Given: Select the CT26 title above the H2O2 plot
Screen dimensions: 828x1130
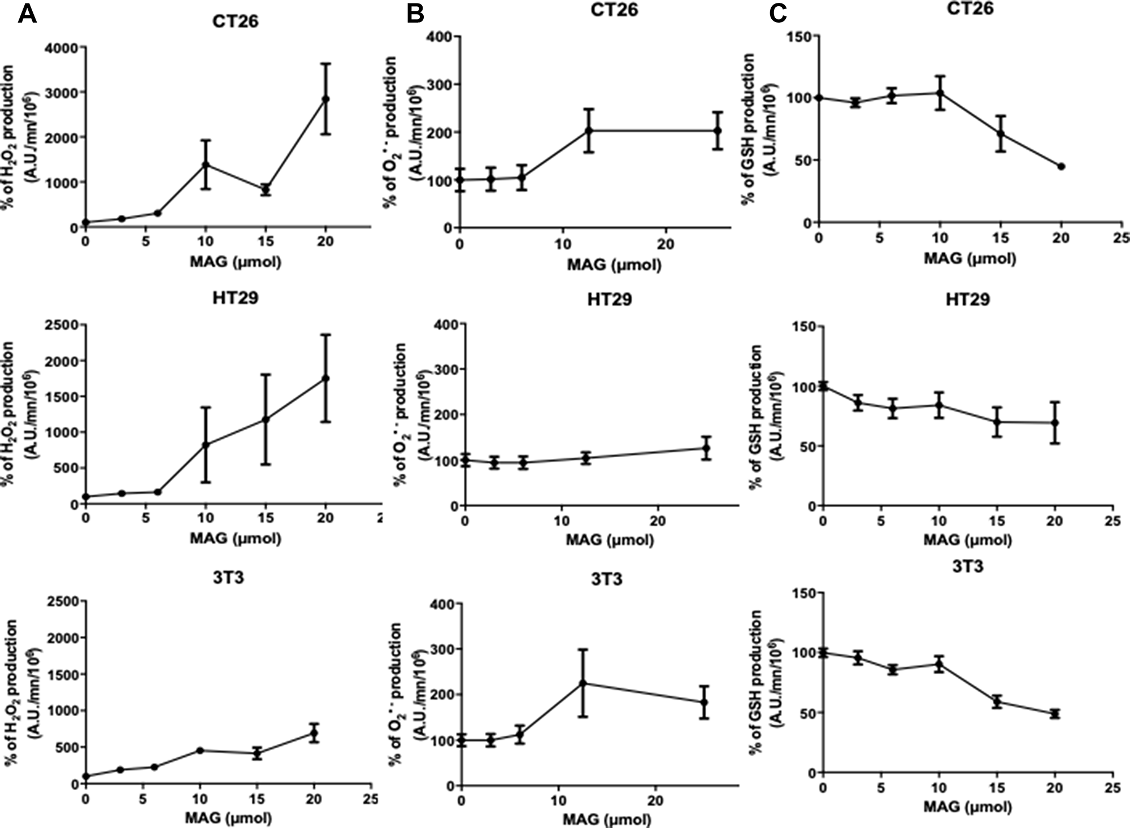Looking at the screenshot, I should [235, 21].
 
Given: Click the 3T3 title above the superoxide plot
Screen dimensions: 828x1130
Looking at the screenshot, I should [607, 579].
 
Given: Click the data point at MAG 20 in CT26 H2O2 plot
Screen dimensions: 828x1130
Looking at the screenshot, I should [325, 99].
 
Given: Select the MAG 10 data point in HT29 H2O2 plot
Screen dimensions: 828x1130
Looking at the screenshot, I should [206, 445].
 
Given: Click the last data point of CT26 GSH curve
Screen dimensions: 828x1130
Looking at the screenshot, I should [1061, 166].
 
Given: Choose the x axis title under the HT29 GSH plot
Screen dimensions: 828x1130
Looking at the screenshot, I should [967, 540].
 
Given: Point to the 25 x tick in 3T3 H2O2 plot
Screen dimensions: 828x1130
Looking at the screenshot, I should [370, 799].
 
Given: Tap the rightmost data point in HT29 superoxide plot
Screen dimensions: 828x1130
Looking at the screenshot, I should [706, 448].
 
